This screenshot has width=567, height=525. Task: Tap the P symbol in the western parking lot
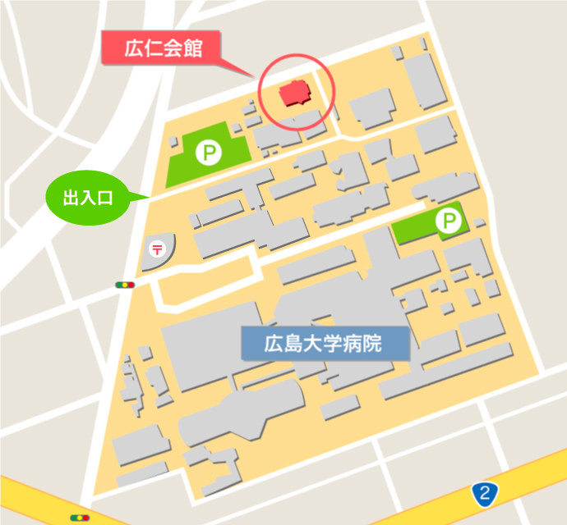[x=209, y=152]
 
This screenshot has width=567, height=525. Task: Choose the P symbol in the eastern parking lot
[x=449, y=220]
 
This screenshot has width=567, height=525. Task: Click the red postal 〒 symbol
[x=157, y=247]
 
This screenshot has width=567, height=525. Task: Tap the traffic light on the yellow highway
[x=81, y=518]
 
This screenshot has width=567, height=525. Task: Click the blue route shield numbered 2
[x=486, y=494]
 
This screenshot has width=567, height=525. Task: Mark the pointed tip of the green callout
[x=149, y=195]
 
